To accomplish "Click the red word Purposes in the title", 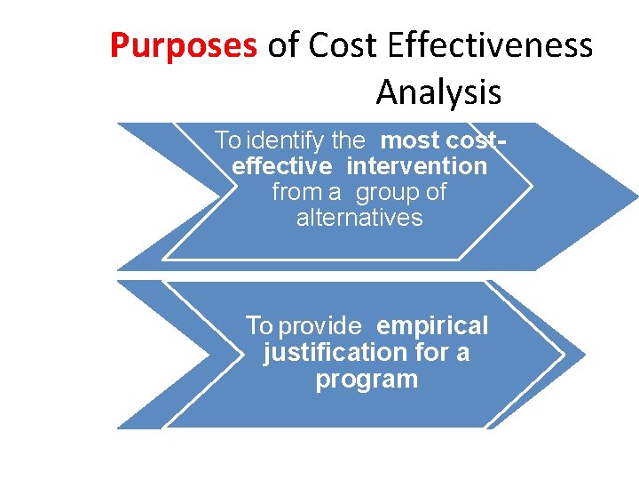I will [183, 45].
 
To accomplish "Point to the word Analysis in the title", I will [438, 92].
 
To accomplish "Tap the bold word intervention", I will [417, 166].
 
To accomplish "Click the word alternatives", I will [359, 218].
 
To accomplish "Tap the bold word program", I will [367, 380].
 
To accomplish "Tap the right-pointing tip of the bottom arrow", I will [582, 355].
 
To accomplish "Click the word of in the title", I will [283, 45].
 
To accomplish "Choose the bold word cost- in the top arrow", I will [479, 140].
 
